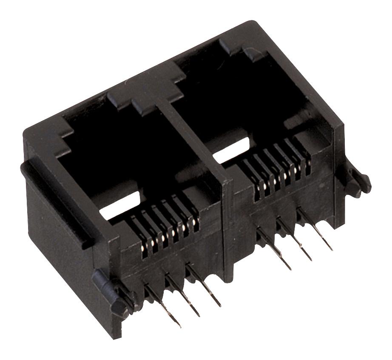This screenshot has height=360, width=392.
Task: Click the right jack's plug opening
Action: pos(251,111)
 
